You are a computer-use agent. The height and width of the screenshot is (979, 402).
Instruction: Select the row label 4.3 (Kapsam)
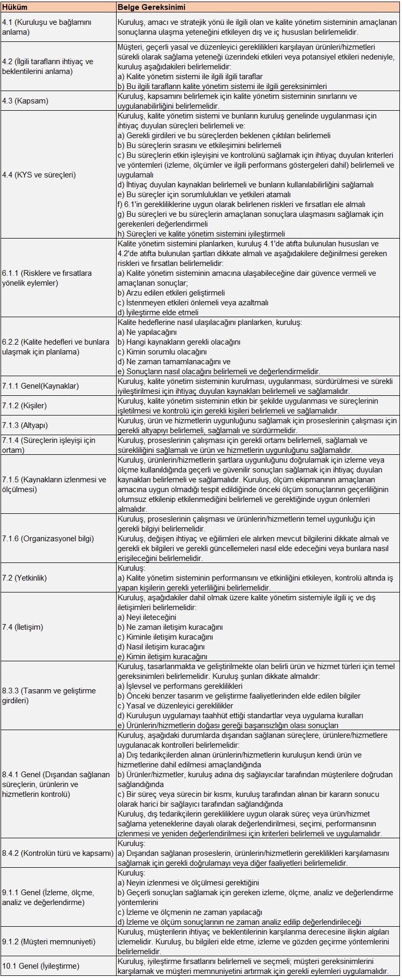point(25,101)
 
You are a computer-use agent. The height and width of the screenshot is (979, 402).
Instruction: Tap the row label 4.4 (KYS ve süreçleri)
point(39,175)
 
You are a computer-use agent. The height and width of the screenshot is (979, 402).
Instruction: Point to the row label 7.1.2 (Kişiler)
point(24,406)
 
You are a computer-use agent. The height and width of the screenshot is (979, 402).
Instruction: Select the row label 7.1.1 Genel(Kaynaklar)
point(40,386)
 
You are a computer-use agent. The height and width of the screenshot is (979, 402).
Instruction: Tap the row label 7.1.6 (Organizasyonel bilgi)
point(48,539)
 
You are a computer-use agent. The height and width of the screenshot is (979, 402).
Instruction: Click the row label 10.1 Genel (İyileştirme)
point(41,966)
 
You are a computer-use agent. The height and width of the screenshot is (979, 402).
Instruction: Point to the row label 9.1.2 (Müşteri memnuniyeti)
point(48,942)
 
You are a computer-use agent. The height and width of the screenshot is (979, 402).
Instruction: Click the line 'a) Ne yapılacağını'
point(147,332)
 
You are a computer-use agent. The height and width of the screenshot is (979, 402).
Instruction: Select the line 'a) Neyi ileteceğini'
point(147,617)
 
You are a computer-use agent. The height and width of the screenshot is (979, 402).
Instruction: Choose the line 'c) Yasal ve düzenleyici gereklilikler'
point(175,706)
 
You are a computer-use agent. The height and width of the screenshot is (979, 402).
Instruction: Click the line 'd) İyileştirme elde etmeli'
point(158,313)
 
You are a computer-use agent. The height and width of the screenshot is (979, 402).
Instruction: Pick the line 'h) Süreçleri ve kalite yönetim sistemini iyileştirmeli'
point(201,234)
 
